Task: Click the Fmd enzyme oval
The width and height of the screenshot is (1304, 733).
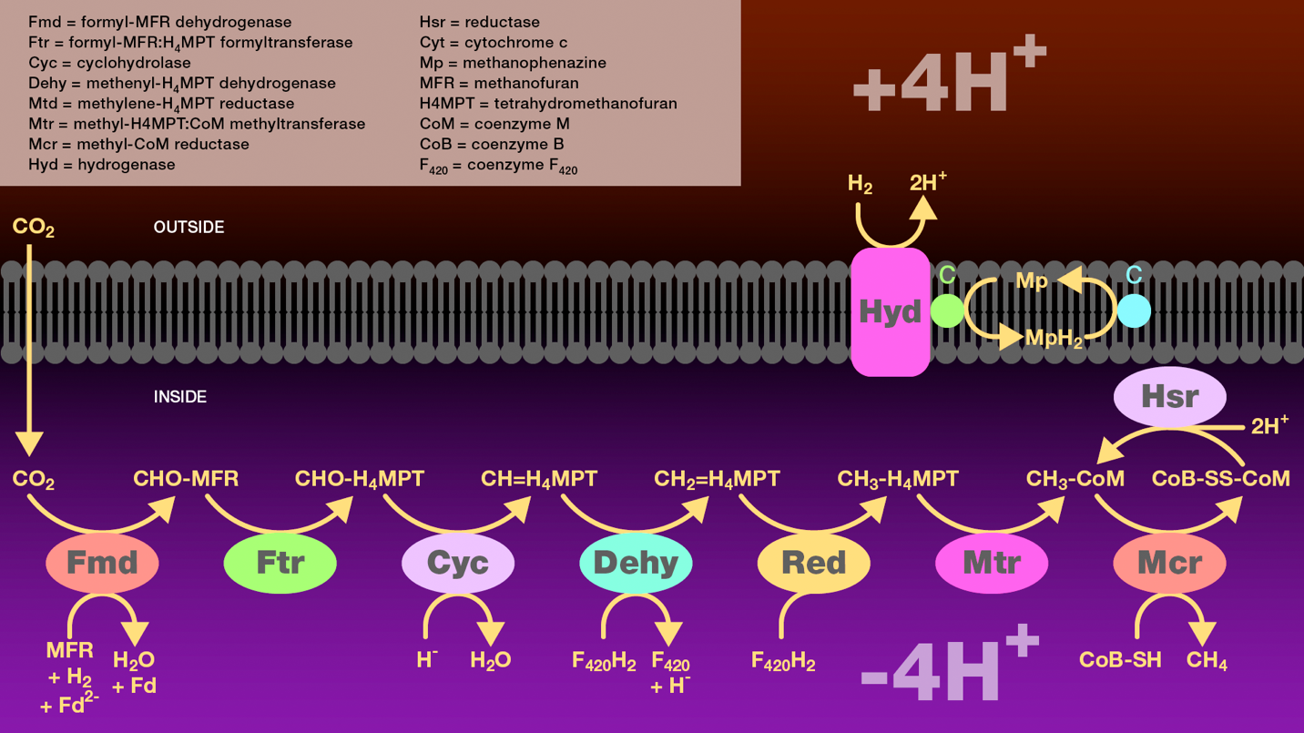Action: pos(102,563)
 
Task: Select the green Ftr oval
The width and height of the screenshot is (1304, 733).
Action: pos(280,563)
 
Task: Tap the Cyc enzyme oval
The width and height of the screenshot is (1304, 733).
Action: pos(457,563)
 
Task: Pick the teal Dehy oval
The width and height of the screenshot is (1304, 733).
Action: pos(636,563)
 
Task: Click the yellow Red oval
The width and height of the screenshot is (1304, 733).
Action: pos(813,563)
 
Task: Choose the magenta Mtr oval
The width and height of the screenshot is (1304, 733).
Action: pos(991,563)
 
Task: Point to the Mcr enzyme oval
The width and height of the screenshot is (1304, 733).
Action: pos(1169,563)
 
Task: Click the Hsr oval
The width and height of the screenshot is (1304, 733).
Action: pos(1169,397)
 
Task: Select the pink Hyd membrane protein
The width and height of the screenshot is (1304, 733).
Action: pos(890,312)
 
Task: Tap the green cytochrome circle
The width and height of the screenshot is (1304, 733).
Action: pos(947,311)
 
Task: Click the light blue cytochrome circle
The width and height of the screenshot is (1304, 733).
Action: pos(1134,311)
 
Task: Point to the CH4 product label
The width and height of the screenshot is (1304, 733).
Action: pos(1207,661)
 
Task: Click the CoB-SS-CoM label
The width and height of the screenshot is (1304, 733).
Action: pos(1220,479)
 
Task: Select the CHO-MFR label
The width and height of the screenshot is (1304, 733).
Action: pos(186,479)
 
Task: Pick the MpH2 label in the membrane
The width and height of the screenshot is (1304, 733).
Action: pos(1054,339)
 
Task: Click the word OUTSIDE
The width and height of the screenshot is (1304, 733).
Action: pos(188,227)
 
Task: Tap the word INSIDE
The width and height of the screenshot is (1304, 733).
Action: pos(180,397)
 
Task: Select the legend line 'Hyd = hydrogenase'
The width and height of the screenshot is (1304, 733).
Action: pos(102,165)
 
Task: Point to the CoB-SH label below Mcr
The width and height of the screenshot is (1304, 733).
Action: pos(1120,660)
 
